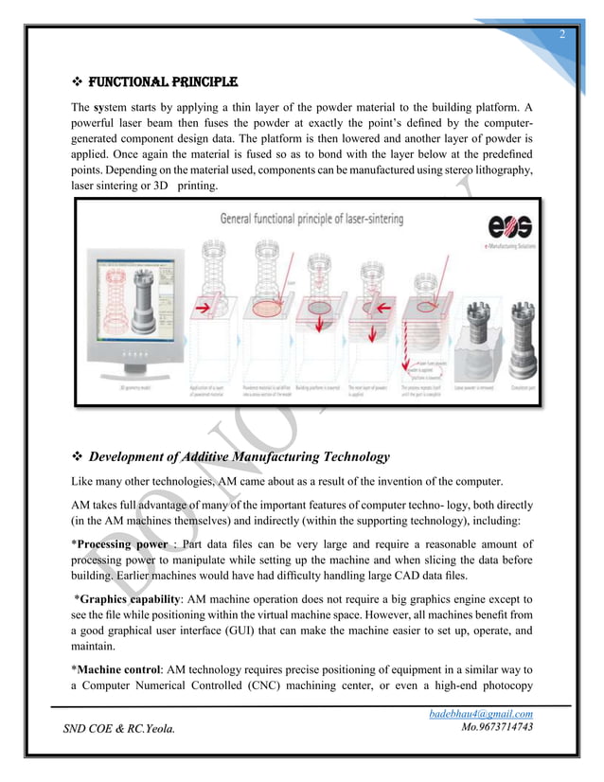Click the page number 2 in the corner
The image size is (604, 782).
tap(561, 36)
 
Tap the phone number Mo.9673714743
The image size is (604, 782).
tap(496, 727)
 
